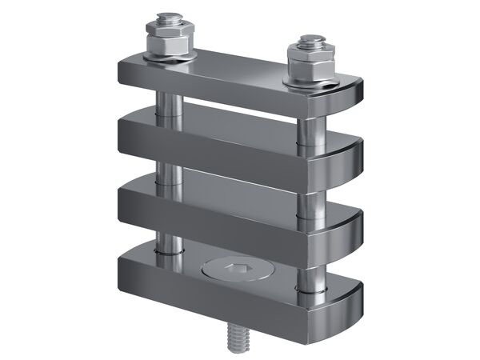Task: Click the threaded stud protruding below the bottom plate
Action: [241, 337]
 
